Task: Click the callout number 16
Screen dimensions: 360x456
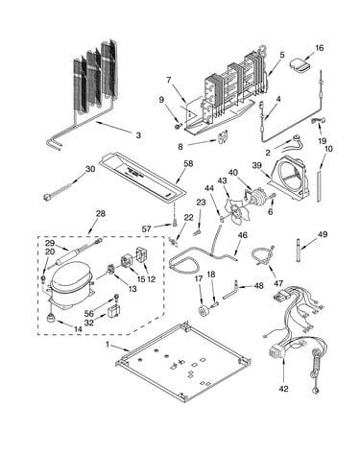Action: (x=319, y=48)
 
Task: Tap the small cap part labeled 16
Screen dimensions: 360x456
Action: (x=300, y=65)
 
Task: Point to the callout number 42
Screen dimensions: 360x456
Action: (x=283, y=389)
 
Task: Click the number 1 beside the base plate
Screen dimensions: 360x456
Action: (x=108, y=345)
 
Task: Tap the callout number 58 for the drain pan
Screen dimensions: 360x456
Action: (x=188, y=163)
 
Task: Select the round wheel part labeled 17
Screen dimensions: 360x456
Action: (x=203, y=311)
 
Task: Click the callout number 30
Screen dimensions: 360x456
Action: (x=90, y=169)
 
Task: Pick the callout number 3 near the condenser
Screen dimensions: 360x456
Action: (x=138, y=135)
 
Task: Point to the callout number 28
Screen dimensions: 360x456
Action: (x=101, y=213)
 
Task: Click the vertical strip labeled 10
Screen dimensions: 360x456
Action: (x=319, y=186)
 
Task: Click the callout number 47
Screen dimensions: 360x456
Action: (x=278, y=283)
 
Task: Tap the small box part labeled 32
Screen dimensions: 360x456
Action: (x=113, y=312)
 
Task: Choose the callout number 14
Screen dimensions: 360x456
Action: (x=78, y=328)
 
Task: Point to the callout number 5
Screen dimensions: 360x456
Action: (x=281, y=55)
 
